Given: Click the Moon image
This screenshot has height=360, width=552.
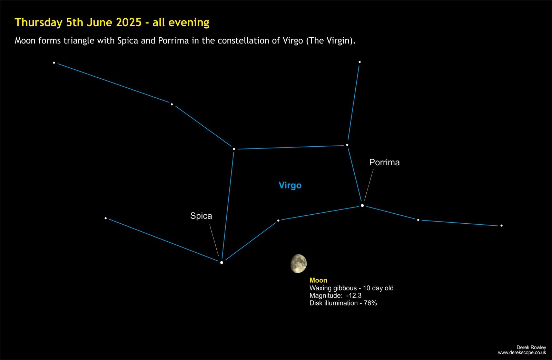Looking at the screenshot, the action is pos(299,264).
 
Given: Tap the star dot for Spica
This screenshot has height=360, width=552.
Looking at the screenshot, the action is pos(221,263).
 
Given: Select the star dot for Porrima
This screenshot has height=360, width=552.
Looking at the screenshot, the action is pos(362,205).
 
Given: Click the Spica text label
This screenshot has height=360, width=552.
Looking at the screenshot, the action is pos(201,216).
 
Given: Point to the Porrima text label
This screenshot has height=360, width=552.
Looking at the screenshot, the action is pos(384,162).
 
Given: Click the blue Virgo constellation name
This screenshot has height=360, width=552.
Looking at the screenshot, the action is pos(290,185).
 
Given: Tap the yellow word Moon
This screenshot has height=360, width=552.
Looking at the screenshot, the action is pos(318,280).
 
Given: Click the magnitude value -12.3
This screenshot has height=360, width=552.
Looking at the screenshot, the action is pos(354,295).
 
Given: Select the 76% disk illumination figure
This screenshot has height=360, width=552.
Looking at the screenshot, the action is pos(371,303).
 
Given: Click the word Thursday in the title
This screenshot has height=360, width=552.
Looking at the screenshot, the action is pos(39,22).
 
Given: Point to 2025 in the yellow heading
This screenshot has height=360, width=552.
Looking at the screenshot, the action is pos(129,22).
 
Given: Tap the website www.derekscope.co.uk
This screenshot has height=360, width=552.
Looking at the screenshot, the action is pos(522,353).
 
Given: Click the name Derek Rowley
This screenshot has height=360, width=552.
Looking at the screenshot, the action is pos(531,347).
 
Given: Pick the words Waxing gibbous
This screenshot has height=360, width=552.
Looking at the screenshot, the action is pos(333,288).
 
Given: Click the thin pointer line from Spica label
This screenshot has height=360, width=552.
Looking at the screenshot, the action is pos(214,240).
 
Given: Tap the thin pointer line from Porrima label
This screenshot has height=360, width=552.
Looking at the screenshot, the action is pos(369,185).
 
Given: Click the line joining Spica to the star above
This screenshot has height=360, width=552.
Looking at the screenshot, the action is pos(228,205).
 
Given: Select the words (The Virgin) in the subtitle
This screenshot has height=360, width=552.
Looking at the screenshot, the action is pos(331,41).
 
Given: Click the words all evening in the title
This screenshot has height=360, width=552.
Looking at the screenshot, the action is pos(181,22).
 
